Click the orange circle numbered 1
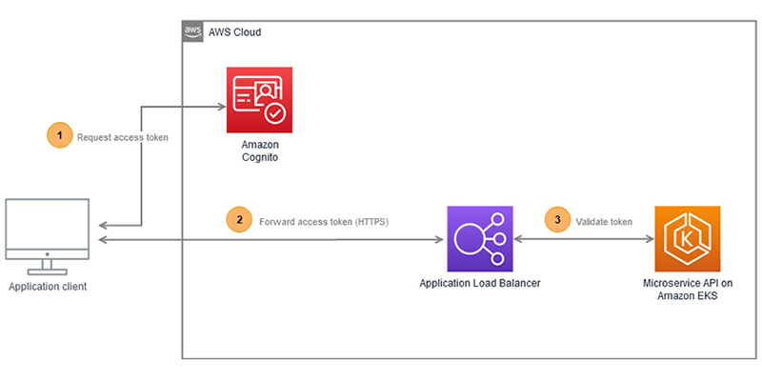tap(60, 136)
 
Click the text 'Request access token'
tap(123, 137)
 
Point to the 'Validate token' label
tap(604, 220)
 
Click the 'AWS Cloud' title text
tap(234, 32)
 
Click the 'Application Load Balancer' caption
tap(480, 284)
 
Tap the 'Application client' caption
tap(48, 286)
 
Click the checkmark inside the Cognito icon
tap(276, 113)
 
